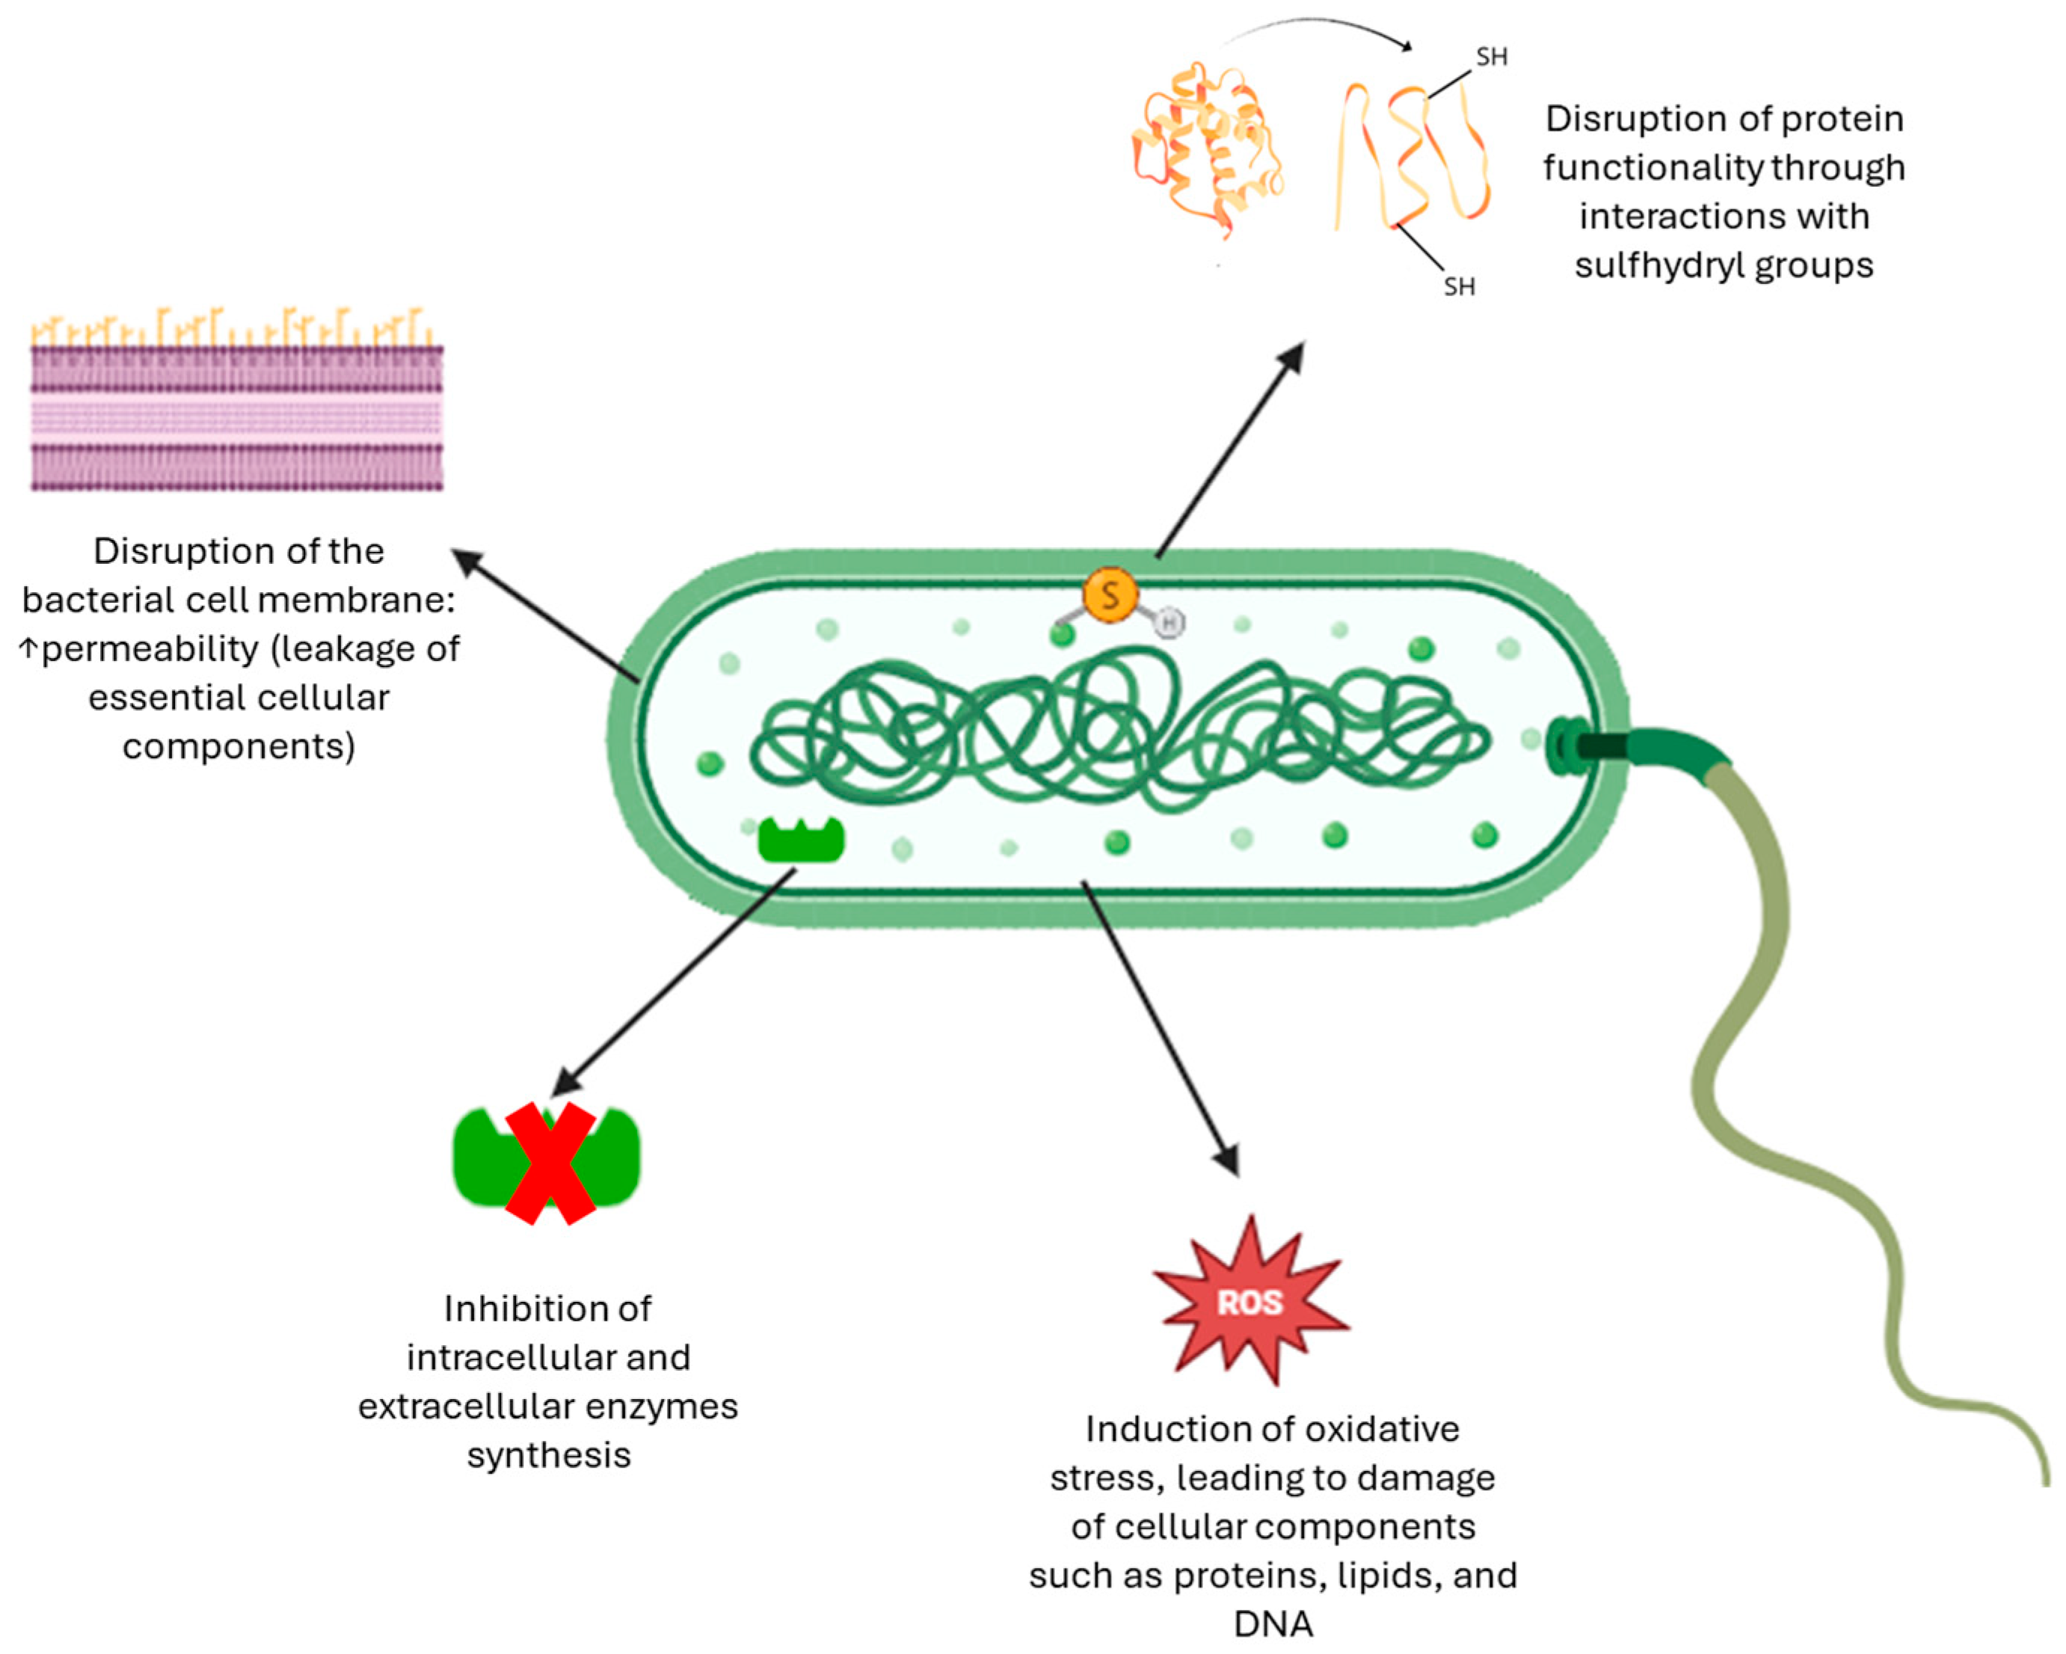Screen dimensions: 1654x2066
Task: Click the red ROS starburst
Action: click(1249, 1301)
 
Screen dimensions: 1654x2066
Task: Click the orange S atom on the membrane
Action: click(1110, 595)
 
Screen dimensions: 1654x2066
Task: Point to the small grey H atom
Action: click(1168, 623)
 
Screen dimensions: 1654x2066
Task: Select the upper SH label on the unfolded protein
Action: click(1491, 58)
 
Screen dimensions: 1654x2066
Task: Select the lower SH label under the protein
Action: click(1459, 286)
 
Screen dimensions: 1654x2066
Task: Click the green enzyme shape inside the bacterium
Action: click(801, 840)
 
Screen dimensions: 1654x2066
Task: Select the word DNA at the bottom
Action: click(1273, 1623)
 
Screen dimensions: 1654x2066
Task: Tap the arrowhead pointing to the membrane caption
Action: click(467, 561)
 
